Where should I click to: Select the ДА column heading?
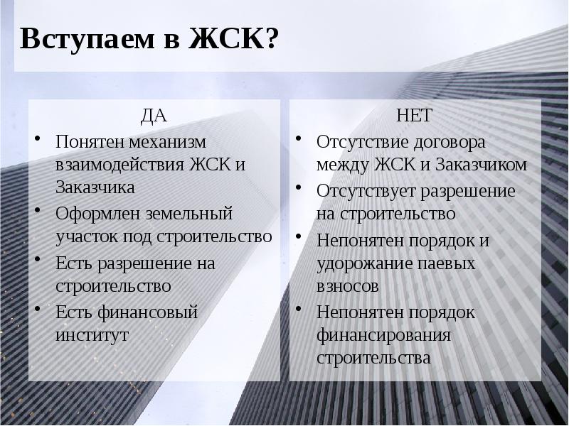[x=155, y=116]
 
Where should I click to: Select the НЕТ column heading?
[x=414, y=116]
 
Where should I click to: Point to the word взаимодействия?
[x=119, y=165]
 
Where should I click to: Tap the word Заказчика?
[x=95, y=188]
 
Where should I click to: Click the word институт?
[x=92, y=334]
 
